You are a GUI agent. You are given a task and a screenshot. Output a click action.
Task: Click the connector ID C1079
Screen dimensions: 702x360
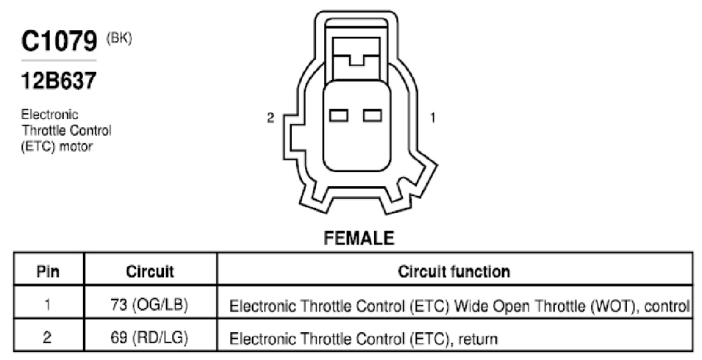pyautogui.click(x=59, y=41)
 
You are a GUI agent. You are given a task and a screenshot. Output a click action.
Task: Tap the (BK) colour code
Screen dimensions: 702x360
pyautogui.click(x=119, y=38)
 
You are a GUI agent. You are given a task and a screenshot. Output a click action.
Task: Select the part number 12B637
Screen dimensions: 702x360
pyautogui.click(x=59, y=81)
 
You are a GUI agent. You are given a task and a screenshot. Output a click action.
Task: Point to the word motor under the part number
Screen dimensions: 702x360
pyautogui.click(x=76, y=146)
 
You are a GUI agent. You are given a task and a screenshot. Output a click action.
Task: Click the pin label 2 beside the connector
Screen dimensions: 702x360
pyautogui.click(x=271, y=118)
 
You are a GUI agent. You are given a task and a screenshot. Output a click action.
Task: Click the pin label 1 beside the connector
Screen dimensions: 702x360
pyautogui.click(x=432, y=118)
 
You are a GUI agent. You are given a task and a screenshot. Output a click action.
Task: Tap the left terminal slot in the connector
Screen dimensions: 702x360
pyautogui.click(x=339, y=115)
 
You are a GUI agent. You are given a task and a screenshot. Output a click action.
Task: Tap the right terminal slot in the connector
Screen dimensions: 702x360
pyautogui.click(x=373, y=115)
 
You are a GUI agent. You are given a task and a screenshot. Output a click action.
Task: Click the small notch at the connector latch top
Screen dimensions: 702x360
pyautogui.click(x=357, y=60)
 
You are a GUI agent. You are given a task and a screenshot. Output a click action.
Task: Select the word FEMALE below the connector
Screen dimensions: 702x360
pyautogui.click(x=359, y=238)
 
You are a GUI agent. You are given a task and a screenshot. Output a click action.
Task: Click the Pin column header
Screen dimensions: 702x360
pyautogui.click(x=48, y=271)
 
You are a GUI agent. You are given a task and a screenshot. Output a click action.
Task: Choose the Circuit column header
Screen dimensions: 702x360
pyautogui.click(x=150, y=271)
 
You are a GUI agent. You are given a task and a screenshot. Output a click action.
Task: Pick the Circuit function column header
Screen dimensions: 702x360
pyautogui.click(x=454, y=271)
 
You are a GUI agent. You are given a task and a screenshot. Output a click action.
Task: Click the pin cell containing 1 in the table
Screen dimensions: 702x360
pyautogui.click(x=47, y=305)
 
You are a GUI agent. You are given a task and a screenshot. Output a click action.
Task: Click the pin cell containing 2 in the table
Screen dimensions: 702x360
pyautogui.click(x=47, y=337)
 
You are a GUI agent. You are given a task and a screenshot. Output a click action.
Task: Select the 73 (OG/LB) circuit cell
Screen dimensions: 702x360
pyautogui.click(x=149, y=305)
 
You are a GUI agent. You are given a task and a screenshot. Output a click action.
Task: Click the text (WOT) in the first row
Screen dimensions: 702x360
pyautogui.click(x=613, y=306)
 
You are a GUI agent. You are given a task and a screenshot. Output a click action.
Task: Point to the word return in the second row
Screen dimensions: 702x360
pyautogui.click(x=478, y=339)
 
